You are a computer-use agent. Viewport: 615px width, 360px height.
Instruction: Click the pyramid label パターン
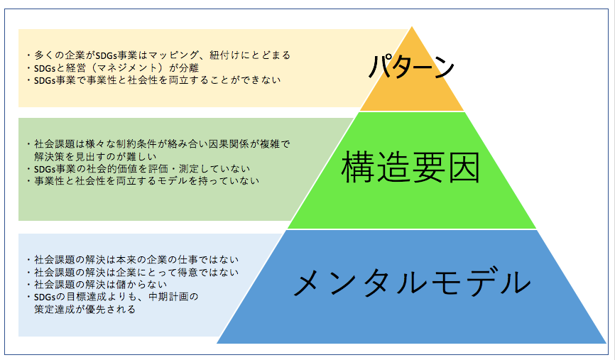coord(411,67)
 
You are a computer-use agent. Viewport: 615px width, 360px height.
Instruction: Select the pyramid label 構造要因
coord(410,168)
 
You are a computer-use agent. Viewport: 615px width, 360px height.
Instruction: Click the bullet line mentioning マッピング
coord(159,55)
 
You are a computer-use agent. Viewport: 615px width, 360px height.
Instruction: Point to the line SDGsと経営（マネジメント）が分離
coord(113,68)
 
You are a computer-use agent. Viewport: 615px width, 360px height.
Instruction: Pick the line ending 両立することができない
coord(153,80)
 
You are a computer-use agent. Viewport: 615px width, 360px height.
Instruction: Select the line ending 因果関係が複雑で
coord(159,144)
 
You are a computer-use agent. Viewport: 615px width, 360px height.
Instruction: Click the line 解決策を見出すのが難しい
coord(95,156)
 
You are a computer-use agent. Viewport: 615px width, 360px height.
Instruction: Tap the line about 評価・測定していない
coord(138,168)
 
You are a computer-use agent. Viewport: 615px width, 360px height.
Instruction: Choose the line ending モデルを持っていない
coord(143,181)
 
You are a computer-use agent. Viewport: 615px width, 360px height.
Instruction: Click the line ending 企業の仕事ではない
coord(133,260)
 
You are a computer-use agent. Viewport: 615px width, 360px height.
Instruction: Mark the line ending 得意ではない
coord(133,272)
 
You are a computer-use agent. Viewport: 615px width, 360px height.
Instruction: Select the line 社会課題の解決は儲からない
coord(97,284)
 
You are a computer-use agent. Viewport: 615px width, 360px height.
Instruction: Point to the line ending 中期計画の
coord(113,297)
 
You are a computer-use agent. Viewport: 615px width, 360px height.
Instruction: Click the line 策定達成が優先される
coord(85,310)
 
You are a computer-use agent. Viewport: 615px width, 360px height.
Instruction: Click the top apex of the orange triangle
coord(412,27)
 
